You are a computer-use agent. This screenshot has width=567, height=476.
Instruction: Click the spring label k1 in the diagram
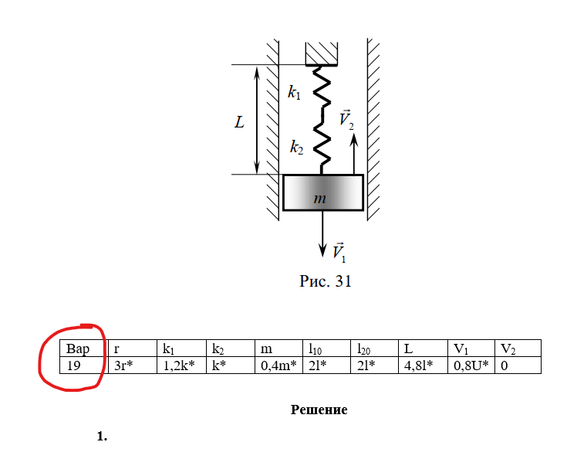(294, 92)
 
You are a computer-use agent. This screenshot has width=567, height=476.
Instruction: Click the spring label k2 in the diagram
(296, 147)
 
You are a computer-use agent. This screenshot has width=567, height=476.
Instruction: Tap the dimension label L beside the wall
(239, 122)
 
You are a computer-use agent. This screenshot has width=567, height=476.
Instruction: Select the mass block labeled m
(323, 192)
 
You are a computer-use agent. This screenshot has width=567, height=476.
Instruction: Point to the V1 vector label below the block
(339, 252)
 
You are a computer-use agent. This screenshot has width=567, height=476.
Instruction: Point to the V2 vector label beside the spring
(346, 119)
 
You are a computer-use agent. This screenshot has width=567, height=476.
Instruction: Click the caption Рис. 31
(325, 281)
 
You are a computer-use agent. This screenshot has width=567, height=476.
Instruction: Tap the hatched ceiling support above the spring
(322, 53)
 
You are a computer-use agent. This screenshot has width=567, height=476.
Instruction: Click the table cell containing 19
(84, 365)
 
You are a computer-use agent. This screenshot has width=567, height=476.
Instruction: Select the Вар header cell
(84, 348)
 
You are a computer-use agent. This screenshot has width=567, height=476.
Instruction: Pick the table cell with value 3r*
(133, 365)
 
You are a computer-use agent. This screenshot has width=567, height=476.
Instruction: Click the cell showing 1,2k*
(181, 365)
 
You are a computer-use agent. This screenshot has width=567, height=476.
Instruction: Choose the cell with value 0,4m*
(278, 365)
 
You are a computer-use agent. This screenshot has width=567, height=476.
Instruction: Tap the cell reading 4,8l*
(423, 365)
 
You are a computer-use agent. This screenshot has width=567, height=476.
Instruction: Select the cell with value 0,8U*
(471, 365)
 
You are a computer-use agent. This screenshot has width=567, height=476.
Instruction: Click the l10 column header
(326, 348)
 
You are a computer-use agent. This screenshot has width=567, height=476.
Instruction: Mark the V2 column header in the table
(518, 348)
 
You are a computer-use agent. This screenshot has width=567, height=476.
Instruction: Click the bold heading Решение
(319, 410)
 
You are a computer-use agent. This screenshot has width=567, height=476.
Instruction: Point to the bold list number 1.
(102, 436)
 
